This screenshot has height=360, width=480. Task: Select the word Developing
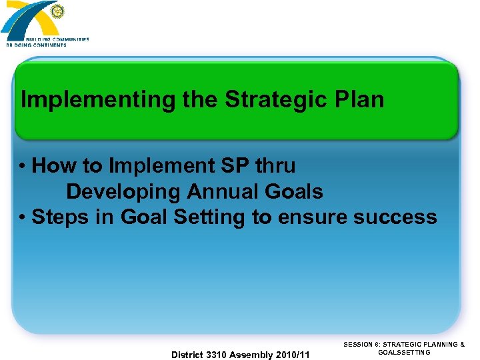[123, 192]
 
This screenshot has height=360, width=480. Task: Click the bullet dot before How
[23, 166]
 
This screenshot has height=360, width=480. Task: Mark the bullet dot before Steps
[23, 218]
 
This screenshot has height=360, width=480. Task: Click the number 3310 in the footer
[215, 355]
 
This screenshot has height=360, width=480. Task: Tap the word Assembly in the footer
[251, 355]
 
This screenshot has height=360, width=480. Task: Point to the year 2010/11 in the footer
[293, 355]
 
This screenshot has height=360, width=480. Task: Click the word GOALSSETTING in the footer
[404, 352]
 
